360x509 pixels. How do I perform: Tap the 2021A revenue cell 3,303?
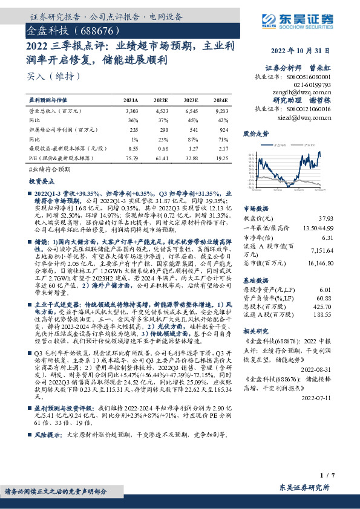[131, 112]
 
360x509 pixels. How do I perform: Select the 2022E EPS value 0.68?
[162, 148]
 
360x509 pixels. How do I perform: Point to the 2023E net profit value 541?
[192, 130]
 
